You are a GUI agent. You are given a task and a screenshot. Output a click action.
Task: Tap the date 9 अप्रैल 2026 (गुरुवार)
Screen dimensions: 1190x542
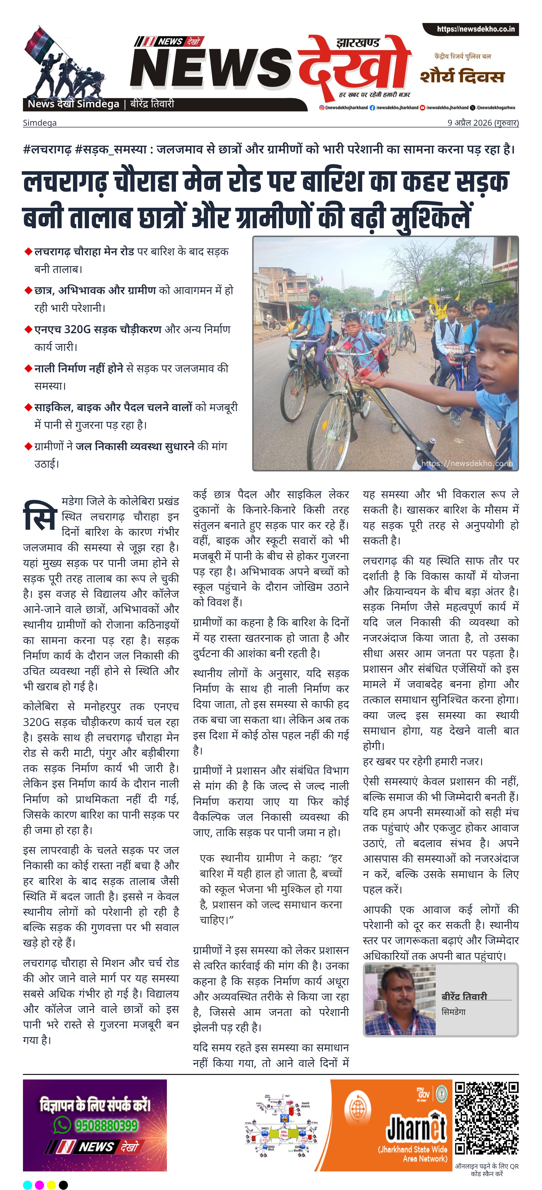click(x=483, y=123)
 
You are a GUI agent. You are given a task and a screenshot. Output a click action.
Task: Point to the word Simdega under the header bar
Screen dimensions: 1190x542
click(x=40, y=123)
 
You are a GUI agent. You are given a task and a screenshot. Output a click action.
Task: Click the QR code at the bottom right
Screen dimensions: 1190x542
click(x=487, y=1118)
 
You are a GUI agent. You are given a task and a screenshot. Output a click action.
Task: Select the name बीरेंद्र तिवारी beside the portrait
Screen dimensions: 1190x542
click(x=464, y=996)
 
